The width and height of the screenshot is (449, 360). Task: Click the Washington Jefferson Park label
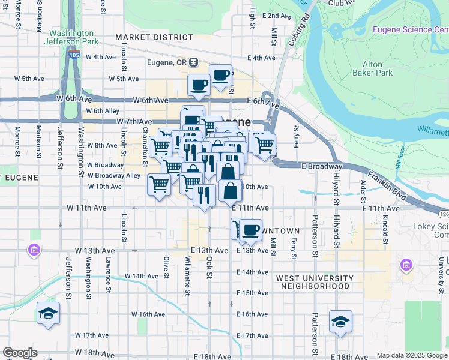click(x=71, y=37)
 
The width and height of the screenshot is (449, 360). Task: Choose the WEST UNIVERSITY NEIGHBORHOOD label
click(x=315, y=282)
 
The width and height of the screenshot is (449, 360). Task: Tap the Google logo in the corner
click(x=19, y=353)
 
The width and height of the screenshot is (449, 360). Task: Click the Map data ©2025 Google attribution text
click(x=412, y=355)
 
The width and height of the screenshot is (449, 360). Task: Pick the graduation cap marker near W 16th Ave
click(x=48, y=313)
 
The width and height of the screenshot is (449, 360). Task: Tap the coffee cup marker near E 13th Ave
click(x=251, y=229)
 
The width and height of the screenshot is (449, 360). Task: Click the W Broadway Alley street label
click(x=114, y=176)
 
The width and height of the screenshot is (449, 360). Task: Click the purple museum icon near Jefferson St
click(x=34, y=249)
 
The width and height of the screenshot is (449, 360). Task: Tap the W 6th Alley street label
click(x=103, y=111)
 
